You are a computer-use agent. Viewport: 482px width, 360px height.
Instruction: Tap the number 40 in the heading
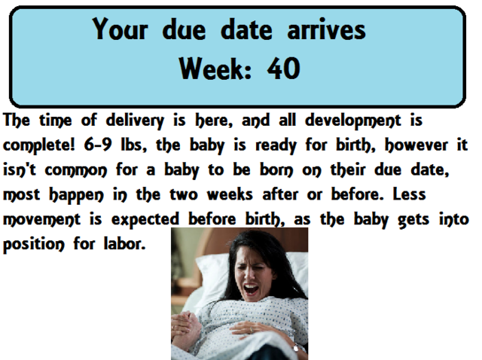282,69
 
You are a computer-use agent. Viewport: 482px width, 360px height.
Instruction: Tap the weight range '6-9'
104,145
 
